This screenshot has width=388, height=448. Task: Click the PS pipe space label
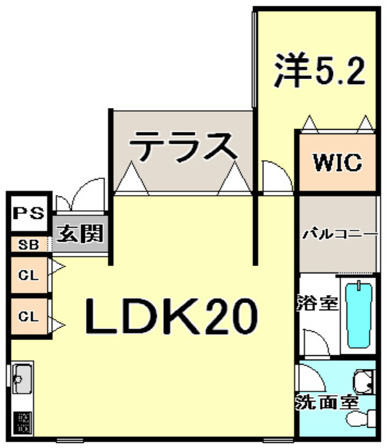(29, 213)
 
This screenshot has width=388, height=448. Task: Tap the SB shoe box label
(28, 245)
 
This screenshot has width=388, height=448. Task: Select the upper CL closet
(28, 275)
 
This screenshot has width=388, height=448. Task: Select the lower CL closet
(28, 317)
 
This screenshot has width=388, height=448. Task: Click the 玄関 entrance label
(80, 233)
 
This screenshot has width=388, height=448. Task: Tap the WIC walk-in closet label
(338, 162)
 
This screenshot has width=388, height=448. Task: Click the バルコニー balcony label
(340, 235)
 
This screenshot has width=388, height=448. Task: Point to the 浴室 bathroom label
(318, 302)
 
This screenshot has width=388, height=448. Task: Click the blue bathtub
(359, 315)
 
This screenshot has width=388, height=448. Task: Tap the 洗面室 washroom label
(327, 402)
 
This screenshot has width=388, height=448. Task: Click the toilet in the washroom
(361, 419)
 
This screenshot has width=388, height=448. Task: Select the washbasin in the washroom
(363, 382)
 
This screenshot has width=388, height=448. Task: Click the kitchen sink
(22, 378)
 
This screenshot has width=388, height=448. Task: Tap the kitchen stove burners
(22, 422)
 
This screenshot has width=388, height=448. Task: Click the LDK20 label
(171, 316)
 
